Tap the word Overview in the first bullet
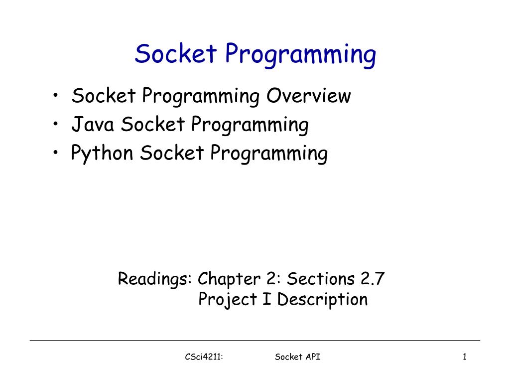(308, 95)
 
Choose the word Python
(102, 154)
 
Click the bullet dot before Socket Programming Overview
(59, 96)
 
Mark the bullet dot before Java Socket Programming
(59, 125)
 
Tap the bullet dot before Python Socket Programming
(59, 154)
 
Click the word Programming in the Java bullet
(250, 125)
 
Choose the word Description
(322, 300)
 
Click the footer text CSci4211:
(203, 357)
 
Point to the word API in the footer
(312, 357)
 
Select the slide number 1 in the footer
(464, 357)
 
